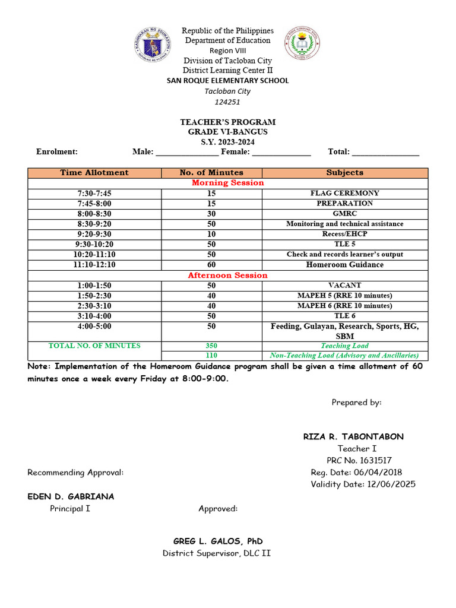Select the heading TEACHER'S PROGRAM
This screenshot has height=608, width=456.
(228, 122)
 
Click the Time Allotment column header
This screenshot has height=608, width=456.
(94, 173)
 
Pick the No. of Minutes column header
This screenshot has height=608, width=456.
(211, 173)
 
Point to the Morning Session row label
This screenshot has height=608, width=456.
(227, 183)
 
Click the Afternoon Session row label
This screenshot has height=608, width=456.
(227, 275)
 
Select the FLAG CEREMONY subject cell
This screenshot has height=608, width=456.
(344, 193)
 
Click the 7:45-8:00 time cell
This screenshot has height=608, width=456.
(94, 203)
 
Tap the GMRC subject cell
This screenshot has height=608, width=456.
(344, 213)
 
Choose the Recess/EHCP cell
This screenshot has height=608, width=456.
(344, 234)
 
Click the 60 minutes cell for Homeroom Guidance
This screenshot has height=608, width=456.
(211, 265)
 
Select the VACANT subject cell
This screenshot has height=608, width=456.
(344, 286)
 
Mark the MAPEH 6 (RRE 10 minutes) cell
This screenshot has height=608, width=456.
(344, 306)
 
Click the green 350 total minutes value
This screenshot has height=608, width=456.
(211, 346)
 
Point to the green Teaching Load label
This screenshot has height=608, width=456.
(344, 346)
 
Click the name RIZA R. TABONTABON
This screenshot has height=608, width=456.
(353, 436)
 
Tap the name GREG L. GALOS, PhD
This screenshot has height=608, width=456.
(217, 541)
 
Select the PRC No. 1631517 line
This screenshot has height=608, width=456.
(359, 460)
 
